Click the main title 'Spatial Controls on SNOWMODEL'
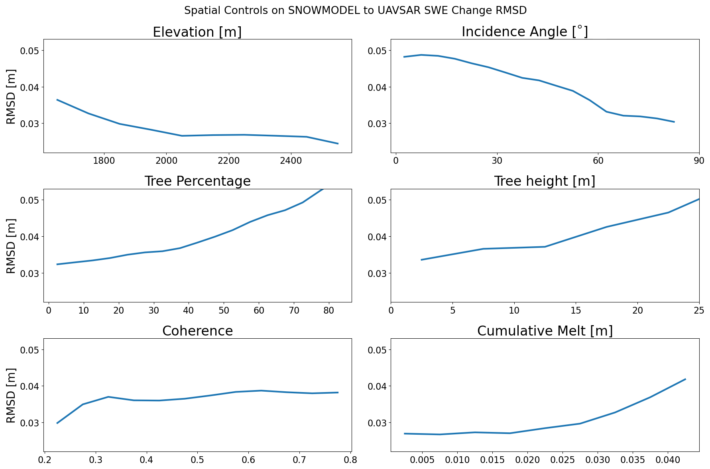tap(355, 11)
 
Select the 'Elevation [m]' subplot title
tap(197, 32)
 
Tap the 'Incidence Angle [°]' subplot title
tap(525, 32)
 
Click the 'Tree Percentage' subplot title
tap(197, 181)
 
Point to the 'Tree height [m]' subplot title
tap(545, 181)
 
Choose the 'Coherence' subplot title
tap(197, 331)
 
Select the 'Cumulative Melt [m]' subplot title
tap(545, 331)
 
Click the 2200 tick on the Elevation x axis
tap(228, 161)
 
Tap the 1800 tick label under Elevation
tap(104, 161)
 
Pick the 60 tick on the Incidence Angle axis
tap(598, 161)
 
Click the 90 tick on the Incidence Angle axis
tap(699, 161)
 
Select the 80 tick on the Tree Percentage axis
tap(329, 310)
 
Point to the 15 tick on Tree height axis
tap(576, 310)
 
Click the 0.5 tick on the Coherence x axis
tap(197, 460)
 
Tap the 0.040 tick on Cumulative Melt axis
tap(668, 460)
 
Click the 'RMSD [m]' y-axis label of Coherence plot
tap(11, 395)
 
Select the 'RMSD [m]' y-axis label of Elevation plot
tap(11, 96)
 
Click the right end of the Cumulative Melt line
tap(685, 379)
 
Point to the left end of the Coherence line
tap(57, 423)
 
